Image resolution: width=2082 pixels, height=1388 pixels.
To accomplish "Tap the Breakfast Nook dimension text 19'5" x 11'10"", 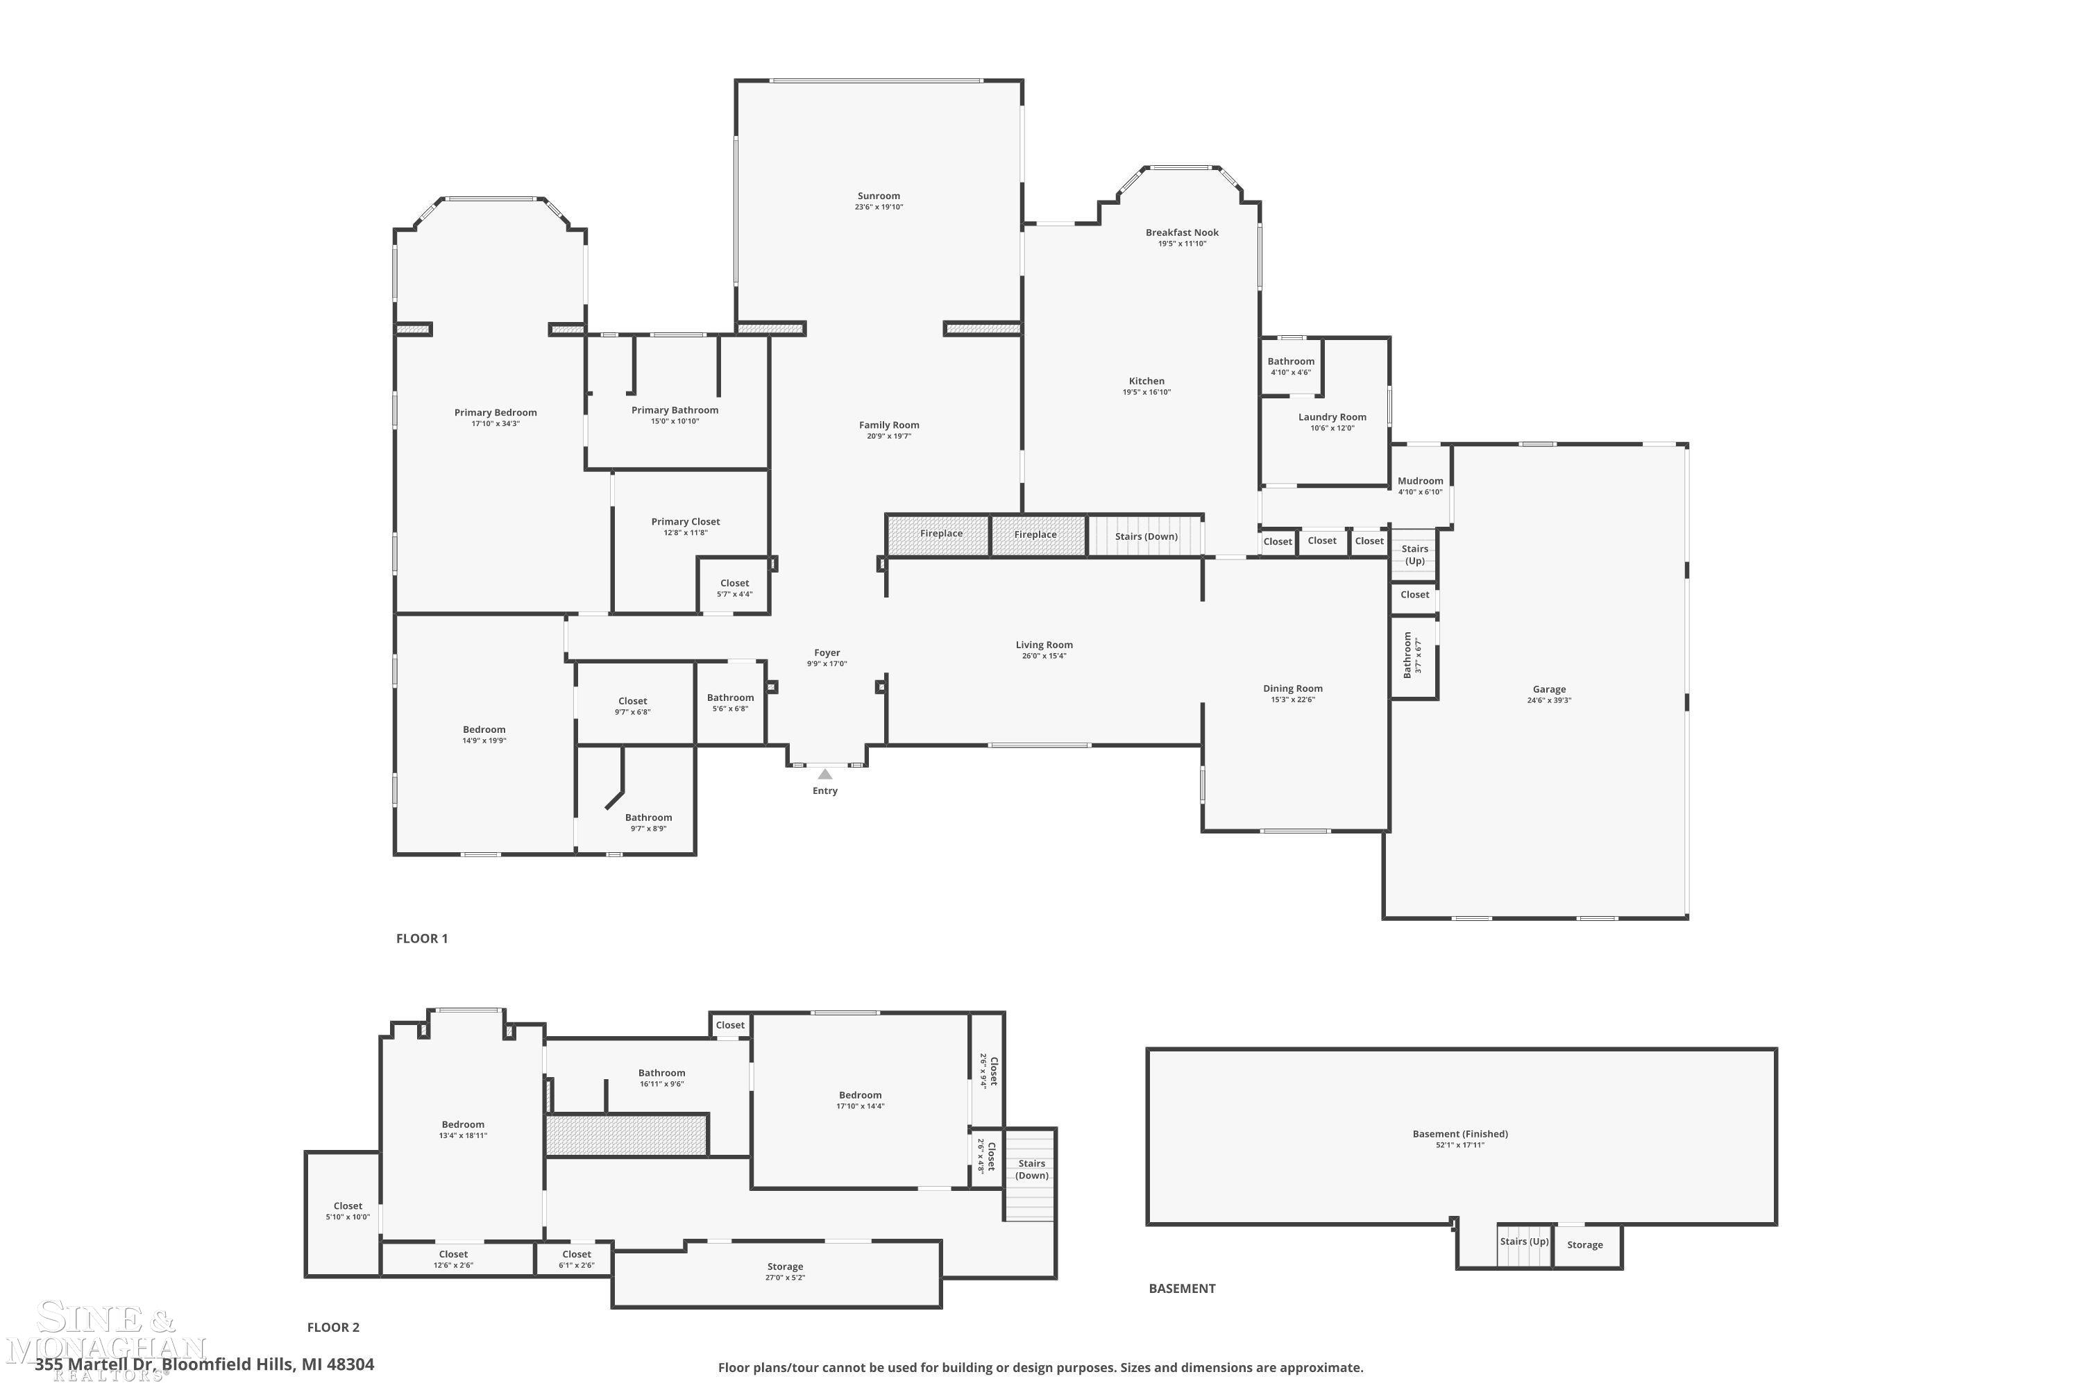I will (x=1182, y=244).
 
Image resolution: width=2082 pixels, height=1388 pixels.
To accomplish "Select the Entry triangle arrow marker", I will (x=824, y=775).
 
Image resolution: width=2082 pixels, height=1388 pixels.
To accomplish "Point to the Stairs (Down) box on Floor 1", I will (x=1146, y=536).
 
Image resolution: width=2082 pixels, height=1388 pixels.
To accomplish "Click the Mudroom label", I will (x=1420, y=482).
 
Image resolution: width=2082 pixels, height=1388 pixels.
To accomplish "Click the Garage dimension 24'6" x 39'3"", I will (x=1548, y=701).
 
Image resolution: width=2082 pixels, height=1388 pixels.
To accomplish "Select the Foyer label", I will (x=827, y=653).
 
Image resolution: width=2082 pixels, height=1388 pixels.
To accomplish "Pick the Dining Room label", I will (x=1292, y=688).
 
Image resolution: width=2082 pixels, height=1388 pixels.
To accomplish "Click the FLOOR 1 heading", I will (x=421, y=938).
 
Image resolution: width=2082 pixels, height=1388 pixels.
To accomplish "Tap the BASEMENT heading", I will (x=1181, y=1289).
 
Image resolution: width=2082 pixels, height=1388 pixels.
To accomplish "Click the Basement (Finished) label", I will (x=1459, y=1134).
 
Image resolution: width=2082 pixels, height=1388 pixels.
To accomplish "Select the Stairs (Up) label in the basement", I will (x=1523, y=1241).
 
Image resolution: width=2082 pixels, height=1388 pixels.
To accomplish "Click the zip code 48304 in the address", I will (x=350, y=1364).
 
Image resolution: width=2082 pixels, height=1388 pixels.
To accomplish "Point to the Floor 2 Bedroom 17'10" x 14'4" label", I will (x=860, y=1096).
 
